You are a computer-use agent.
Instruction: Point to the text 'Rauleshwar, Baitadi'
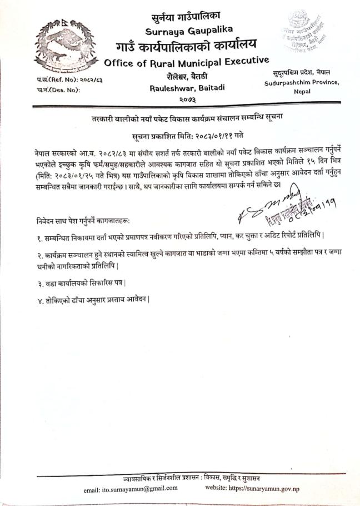(180, 87)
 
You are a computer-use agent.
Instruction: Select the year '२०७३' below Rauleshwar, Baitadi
(179, 99)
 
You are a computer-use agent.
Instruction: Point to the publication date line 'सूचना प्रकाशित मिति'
(180, 135)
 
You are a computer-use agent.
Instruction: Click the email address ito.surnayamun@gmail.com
(131, 488)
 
